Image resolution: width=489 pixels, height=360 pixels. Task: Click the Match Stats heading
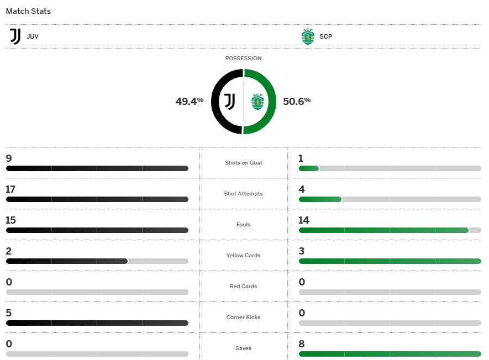[28, 11]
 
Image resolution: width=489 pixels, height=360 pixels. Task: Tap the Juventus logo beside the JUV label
[15, 37]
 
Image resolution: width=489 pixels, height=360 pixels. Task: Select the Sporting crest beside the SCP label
[308, 37]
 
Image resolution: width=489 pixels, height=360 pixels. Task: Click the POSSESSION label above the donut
[243, 59]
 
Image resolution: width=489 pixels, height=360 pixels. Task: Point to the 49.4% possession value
[190, 101]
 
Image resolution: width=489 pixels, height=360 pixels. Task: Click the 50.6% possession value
[297, 101]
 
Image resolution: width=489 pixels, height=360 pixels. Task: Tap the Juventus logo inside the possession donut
[229, 101]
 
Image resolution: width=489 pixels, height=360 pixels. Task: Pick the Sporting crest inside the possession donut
[257, 102]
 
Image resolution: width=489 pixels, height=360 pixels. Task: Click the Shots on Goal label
[244, 163]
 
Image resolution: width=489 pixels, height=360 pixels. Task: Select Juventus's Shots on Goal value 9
[9, 158]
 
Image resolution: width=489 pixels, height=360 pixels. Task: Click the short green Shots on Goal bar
[309, 168]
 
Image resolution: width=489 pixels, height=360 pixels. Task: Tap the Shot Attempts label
[244, 194]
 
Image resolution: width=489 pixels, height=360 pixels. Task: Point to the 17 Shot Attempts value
[10, 189]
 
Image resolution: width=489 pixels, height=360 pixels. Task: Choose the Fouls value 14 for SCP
[304, 220]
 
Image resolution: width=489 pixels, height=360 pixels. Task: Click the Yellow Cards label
[244, 256]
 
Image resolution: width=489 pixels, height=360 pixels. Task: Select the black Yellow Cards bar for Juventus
[67, 261]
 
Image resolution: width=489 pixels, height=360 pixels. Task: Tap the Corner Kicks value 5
[9, 313]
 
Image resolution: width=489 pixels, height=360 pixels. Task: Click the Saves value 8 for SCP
[301, 344]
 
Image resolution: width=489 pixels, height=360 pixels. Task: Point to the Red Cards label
[244, 287]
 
